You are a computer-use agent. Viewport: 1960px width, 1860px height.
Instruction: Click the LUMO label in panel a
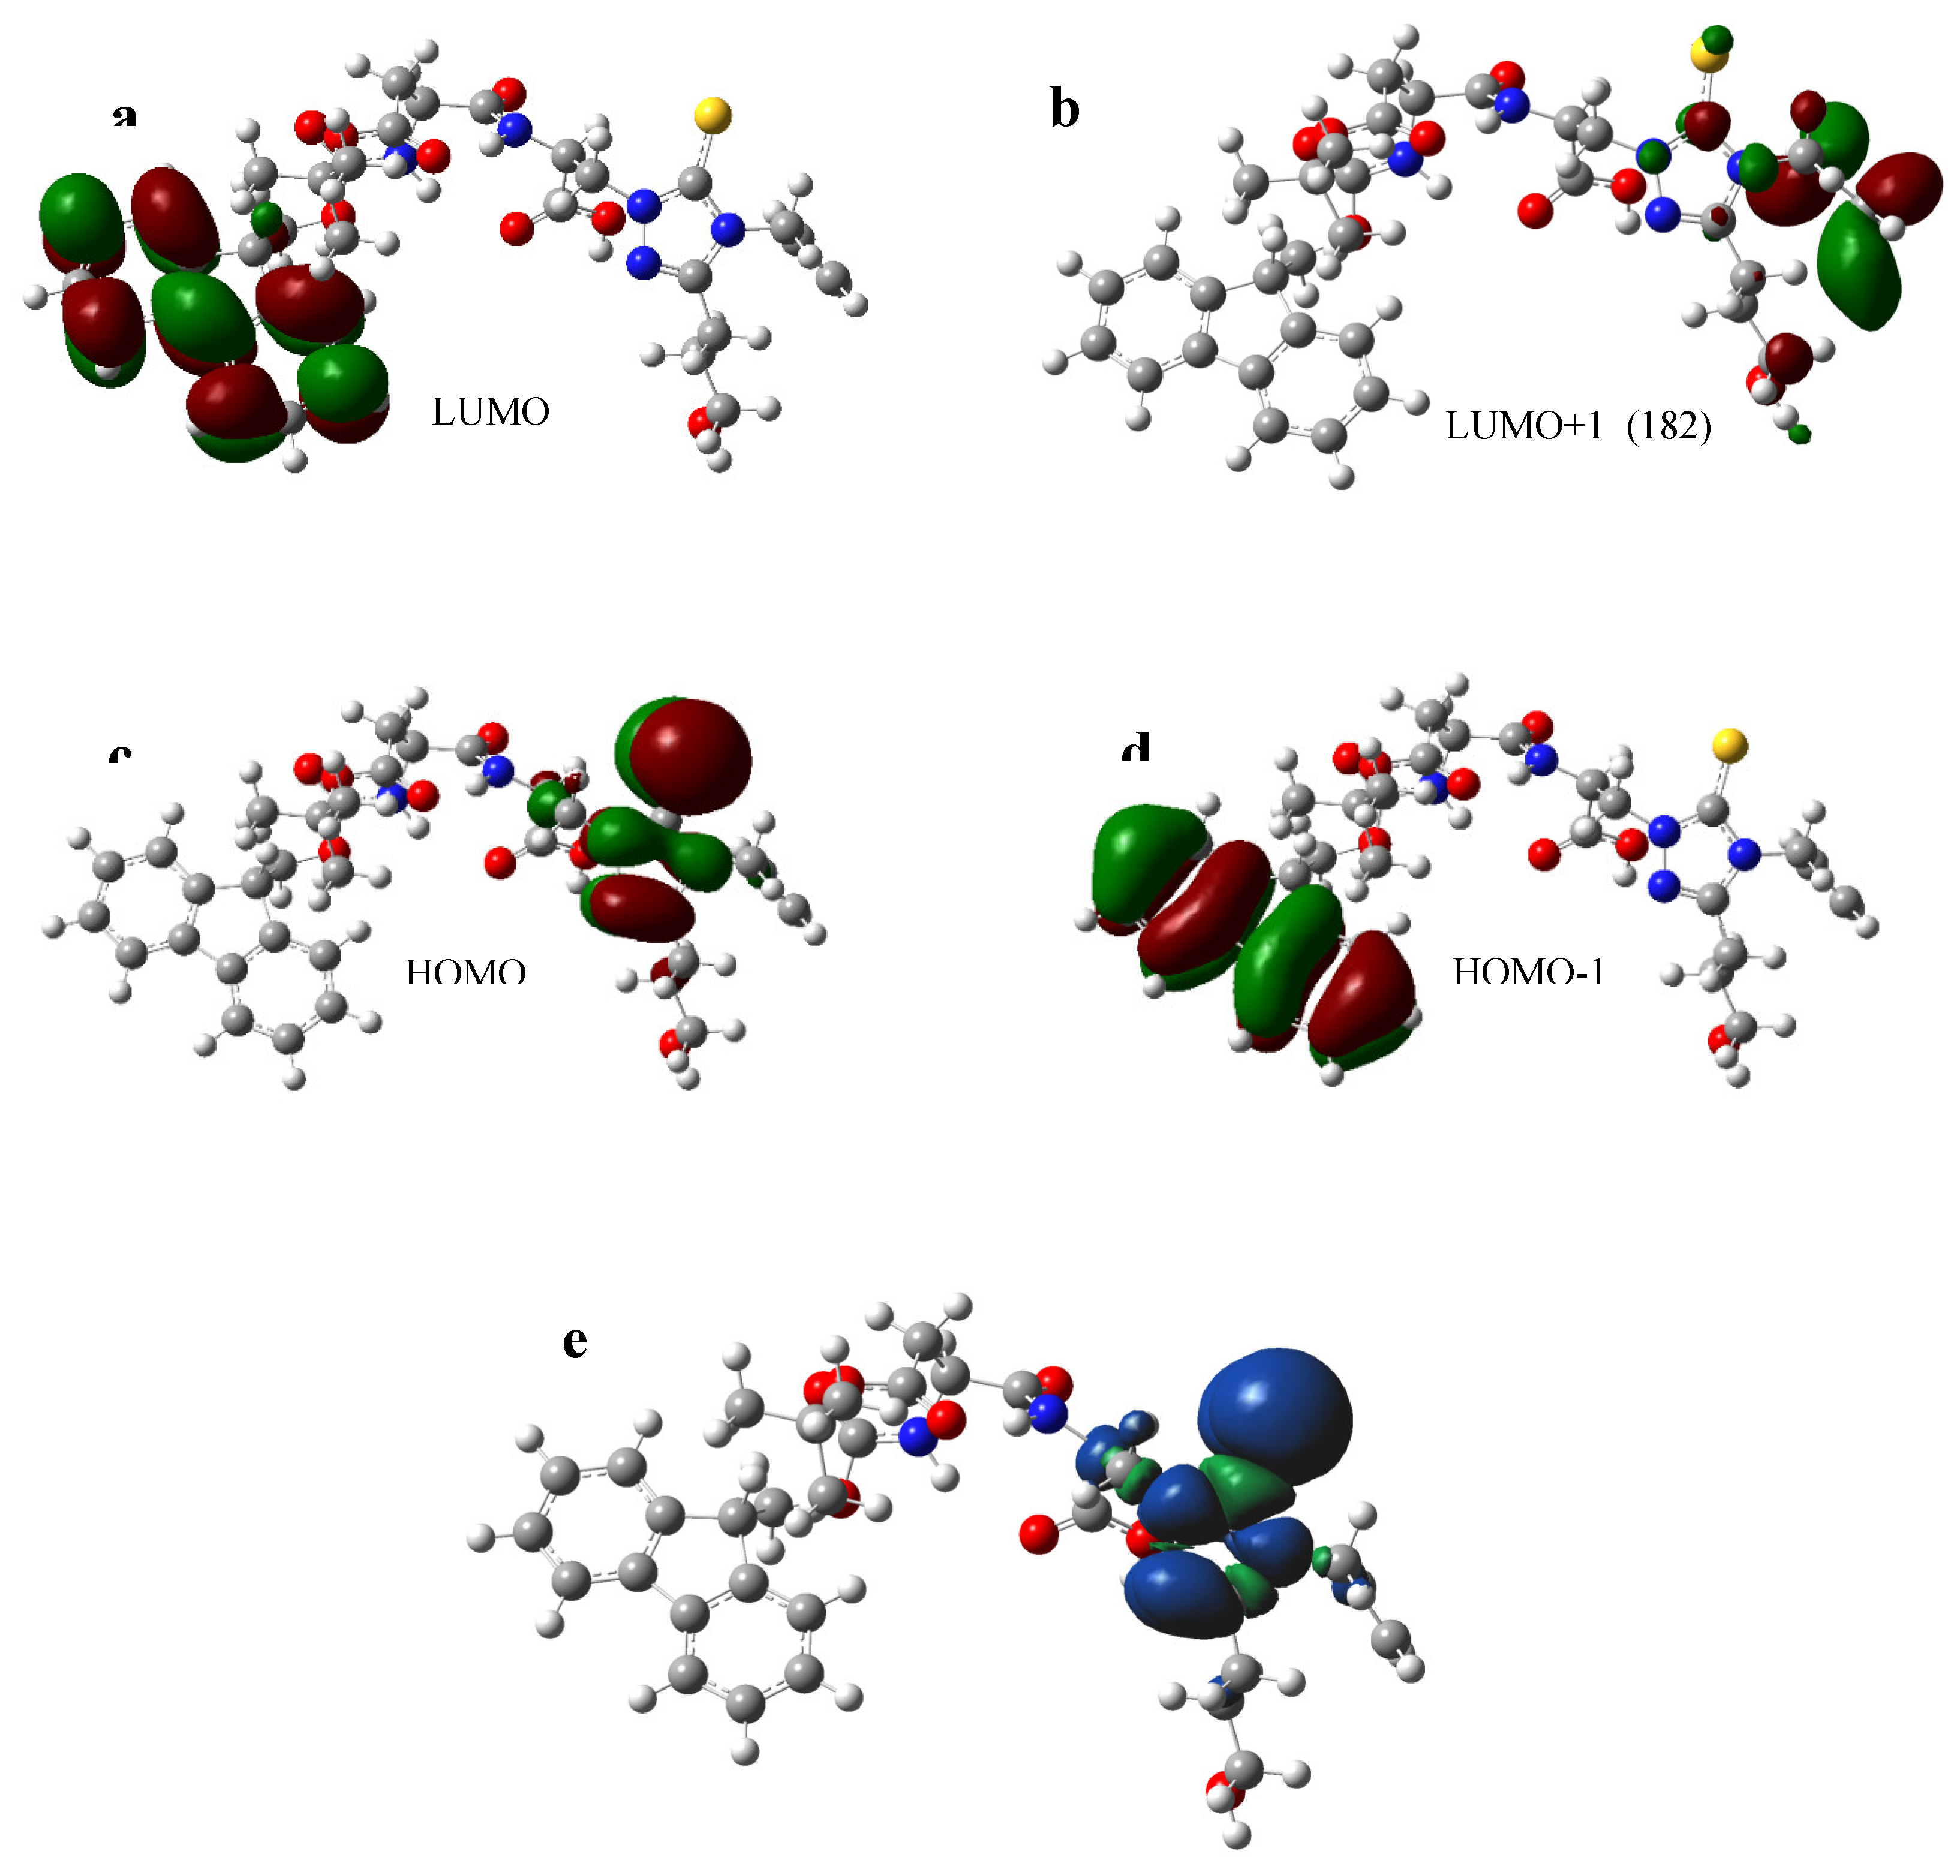click(x=490, y=411)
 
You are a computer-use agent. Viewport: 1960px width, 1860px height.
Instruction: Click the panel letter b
click(x=1064, y=109)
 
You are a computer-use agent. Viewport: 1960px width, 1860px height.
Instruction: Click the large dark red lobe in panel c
click(x=689, y=756)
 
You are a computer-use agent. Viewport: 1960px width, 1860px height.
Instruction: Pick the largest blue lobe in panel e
click(x=1275, y=1418)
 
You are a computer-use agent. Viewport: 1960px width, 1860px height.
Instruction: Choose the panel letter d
click(x=1135, y=749)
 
